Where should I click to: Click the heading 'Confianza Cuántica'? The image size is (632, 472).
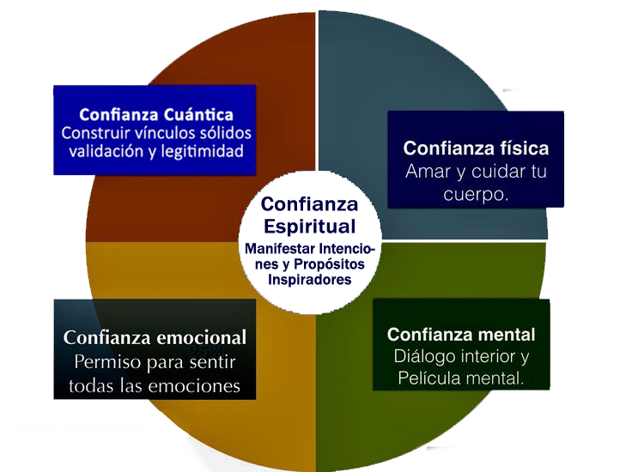(x=155, y=114)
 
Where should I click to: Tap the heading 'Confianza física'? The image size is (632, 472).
(x=476, y=148)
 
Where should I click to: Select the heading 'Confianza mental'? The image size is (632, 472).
(x=461, y=335)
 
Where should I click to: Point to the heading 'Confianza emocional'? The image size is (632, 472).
(x=155, y=338)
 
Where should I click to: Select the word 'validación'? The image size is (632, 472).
(x=98, y=152)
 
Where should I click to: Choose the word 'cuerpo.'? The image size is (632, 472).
(x=477, y=194)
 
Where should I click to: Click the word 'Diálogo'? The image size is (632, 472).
(x=423, y=356)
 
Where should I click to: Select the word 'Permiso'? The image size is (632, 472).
(x=108, y=361)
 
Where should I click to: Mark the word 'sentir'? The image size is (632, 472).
(x=211, y=361)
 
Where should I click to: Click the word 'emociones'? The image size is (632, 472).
(x=204, y=384)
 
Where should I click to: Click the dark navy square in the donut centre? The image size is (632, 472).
(x=309, y=240)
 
